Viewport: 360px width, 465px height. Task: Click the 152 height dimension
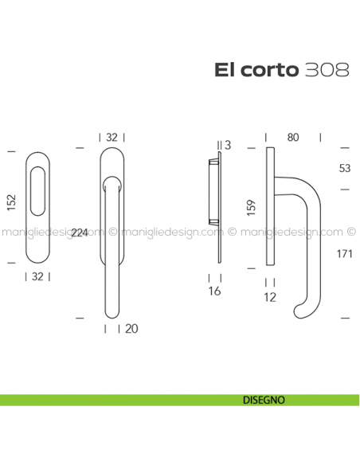click(11, 205)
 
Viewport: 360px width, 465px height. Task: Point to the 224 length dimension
click(80, 232)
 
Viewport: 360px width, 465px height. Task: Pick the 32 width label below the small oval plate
click(38, 277)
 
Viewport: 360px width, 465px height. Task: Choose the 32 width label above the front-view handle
click(112, 138)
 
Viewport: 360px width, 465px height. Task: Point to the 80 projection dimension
click(293, 138)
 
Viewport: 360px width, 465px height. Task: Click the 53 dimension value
click(344, 169)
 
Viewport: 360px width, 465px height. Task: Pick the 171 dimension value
click(345, 254)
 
